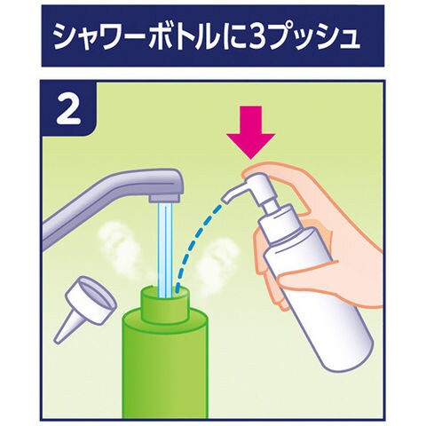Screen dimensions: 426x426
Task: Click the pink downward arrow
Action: click(x=251, y=133)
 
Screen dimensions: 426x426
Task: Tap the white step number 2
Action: click(x=68, y=109)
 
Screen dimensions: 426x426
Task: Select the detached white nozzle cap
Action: click(x=86, y=308)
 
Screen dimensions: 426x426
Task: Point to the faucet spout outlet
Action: click(x=164, y=198)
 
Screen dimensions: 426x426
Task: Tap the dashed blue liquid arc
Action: click(x=197, y=246)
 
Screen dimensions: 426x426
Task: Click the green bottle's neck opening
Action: click(x=165, y=293)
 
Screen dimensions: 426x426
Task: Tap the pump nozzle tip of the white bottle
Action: click(x=226, y=199)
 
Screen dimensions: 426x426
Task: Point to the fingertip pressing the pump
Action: click(x=248, y=172)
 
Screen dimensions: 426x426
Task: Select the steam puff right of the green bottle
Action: click(x=215, y=260)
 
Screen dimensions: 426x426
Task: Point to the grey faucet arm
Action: click(x=109, y=201)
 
